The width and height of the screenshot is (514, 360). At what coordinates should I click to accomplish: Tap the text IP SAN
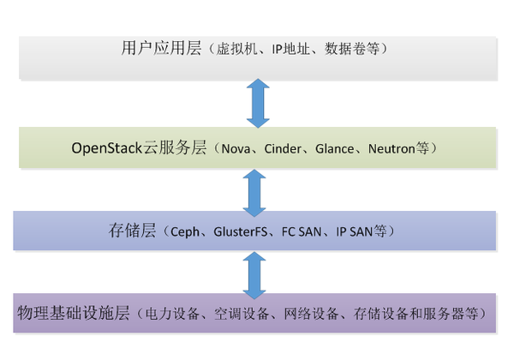click(359, 232)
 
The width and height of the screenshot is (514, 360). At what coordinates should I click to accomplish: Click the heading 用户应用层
click(161, 49)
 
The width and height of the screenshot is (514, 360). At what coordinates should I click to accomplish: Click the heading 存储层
click(128, 231)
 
